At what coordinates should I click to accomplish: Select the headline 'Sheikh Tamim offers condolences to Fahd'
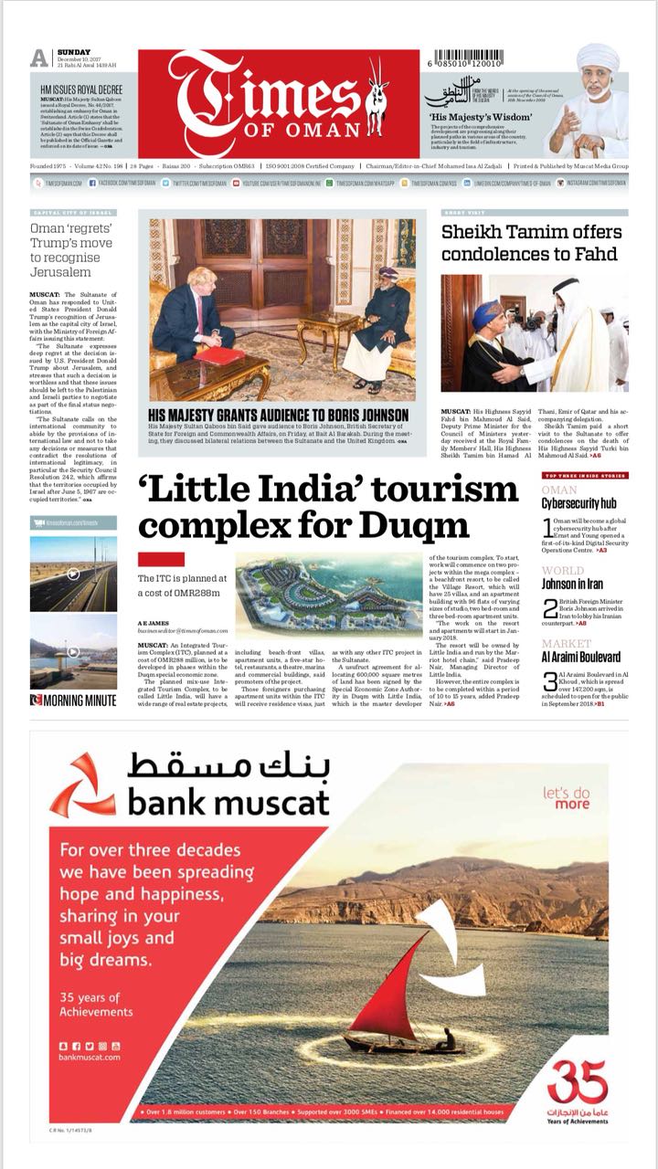tap(531, 243)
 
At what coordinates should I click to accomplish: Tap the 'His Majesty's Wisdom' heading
tap(472, 117)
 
